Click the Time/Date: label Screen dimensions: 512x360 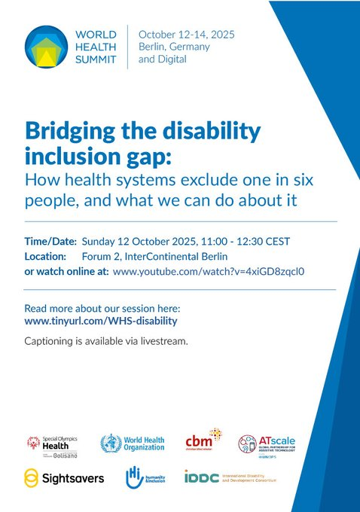(x=50, y=242)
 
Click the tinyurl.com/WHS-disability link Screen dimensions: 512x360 (x=101, y=321)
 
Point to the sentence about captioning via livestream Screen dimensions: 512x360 (x=105, y=341)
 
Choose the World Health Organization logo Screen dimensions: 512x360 (x=131, y=443)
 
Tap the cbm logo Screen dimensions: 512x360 (x=203, y=442)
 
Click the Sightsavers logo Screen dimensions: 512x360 (x=64, y=478)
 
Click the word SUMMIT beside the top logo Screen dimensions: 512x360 (x=96, y=58)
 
